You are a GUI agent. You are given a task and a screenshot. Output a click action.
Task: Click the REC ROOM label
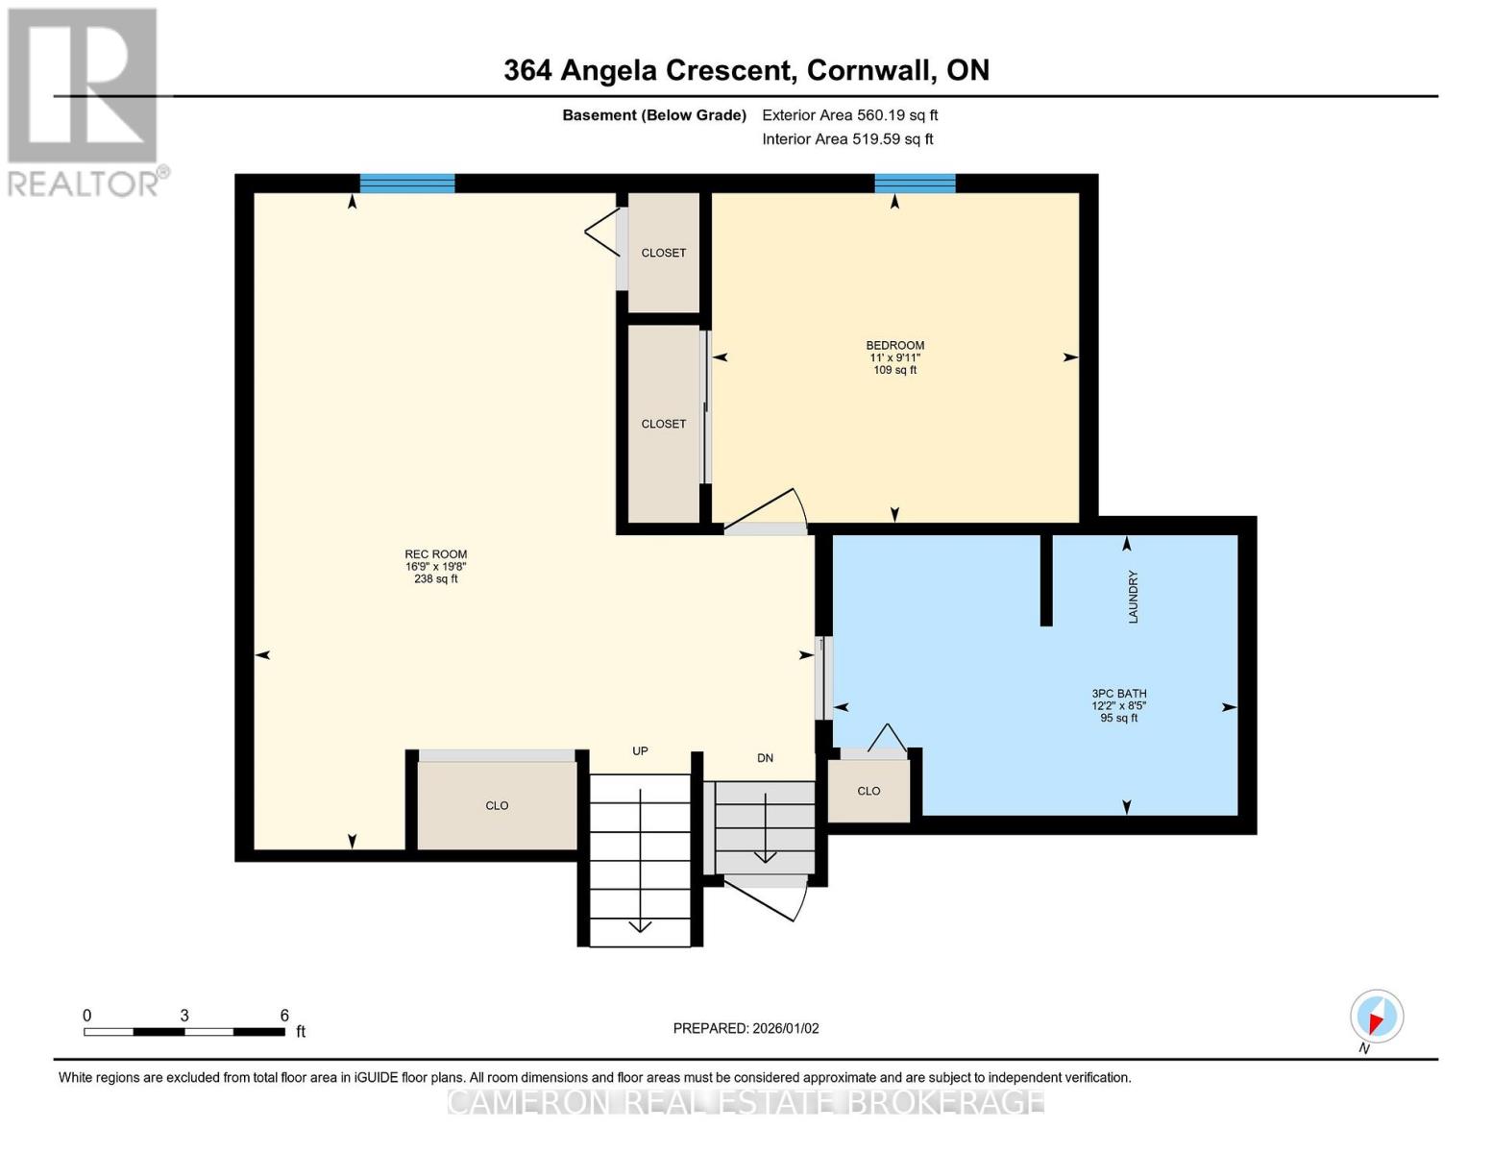[435, 554]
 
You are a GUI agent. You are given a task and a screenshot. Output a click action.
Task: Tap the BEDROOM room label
[894, 345]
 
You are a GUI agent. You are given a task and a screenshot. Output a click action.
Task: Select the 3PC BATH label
[1119, 694]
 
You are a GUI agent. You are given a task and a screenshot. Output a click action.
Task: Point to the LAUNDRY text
[1133, 597]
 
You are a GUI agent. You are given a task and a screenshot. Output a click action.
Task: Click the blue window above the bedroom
[915, 184]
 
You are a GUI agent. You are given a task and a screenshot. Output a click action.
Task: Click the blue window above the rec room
[407, 184]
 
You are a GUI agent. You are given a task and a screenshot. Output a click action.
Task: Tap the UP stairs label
[640, 751]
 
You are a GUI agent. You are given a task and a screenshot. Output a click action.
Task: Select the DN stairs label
[765, 758]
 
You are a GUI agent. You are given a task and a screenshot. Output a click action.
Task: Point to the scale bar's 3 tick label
[184, 1016]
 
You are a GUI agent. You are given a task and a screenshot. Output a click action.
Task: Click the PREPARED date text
[746, 1028]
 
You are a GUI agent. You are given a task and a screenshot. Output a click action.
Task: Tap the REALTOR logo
[86, 103]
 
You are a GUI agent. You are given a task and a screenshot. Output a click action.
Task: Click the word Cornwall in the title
[869, 70]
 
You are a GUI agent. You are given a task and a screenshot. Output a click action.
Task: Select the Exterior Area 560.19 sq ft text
[849, 115]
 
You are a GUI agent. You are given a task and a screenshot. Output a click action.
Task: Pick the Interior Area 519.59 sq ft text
[847, 139]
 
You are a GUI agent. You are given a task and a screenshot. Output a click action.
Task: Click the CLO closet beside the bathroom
[868, 791]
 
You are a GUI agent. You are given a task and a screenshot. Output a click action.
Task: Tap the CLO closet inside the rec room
[497, 805]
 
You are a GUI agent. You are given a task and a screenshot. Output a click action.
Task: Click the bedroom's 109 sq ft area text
[894, 370]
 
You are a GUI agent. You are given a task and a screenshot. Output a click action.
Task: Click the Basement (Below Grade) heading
[653, 115]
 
